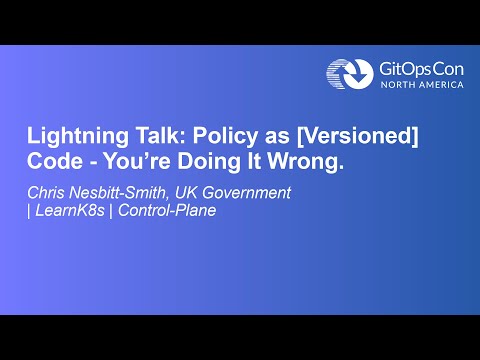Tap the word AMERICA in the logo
pos(440,85)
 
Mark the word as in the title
pos(275,139)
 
